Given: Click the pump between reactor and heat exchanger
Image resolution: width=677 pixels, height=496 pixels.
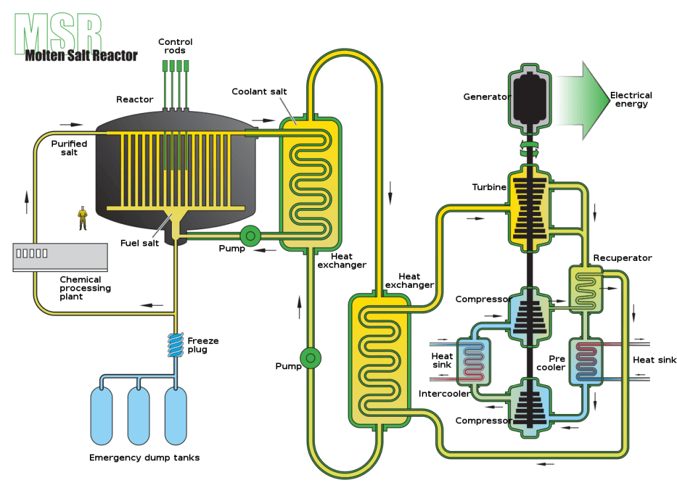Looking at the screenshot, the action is [x=250, y=236].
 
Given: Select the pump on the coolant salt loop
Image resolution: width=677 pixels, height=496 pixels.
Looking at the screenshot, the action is [x=311, y=358].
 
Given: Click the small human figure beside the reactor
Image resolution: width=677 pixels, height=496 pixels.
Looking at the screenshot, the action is [x=83, y=218].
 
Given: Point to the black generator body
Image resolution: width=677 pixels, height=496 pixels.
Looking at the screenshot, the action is [x=530, y=98].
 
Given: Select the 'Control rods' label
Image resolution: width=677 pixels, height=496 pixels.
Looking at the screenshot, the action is [x=175, y=46].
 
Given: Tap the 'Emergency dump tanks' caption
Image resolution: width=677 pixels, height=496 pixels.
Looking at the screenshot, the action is [x=144, y=458].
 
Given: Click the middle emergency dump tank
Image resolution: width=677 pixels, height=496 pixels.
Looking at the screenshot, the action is [x=139, y=416].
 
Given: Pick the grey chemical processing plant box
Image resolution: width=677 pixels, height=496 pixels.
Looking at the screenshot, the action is [x=60, y=258].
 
